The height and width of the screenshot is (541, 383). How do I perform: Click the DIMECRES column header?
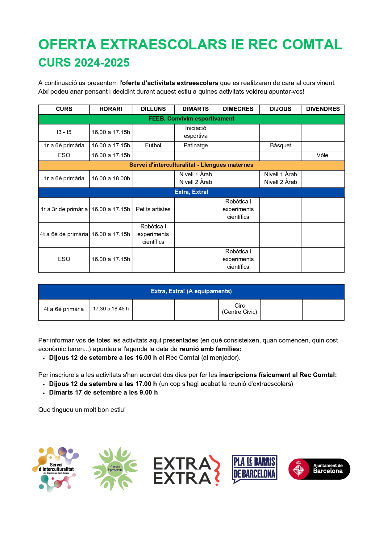pyautogui.click(x=238, y=109)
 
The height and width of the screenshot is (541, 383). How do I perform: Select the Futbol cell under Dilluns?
pyautogui.click(x=153, y=145)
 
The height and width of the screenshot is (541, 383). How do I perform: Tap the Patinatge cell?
pyautogui.click(x=195, y=145)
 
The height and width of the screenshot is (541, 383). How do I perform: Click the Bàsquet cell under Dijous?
pyautogui.click(x=280, y=145)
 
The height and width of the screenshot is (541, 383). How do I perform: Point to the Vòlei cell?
pyautogui.click(x=323, y=155)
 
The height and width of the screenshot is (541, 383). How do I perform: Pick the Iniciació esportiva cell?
pyautogui.click(x=195, y=132)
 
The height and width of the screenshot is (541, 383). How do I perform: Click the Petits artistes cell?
pyautogui.click(x=153, y=209)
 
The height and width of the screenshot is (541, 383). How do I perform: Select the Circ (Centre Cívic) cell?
pyautogui.click(x=239, y=309)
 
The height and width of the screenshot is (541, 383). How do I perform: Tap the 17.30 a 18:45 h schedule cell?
pyautogui.click(x=111, y=309)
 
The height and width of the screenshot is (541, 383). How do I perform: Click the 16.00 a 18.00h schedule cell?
pyautogui.click(x=111, y=178)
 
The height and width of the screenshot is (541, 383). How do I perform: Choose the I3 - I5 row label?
pyautogui.click(x=64, y=132)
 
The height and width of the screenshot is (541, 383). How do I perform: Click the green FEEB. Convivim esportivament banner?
pyautogui.click(x=191, y=119)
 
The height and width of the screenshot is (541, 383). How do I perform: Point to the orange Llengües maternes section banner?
pyautogui.click(x=191, y=165)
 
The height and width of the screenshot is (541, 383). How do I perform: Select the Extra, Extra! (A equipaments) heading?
pyautogui.click(x=191, y=291)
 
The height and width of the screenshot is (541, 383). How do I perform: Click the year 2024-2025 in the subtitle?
pyautogui.click(x=102, y=63)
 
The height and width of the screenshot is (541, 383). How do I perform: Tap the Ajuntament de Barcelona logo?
pyautogui.click(x=319, y=469)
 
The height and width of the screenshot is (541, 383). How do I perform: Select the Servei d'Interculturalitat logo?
pyautogui.click(x=56, y=469)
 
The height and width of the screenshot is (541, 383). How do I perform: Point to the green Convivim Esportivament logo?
pyautogui.click(x=115, y=469)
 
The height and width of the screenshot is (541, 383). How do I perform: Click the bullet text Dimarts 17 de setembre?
pyautogui.click(x=103, y=392)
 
